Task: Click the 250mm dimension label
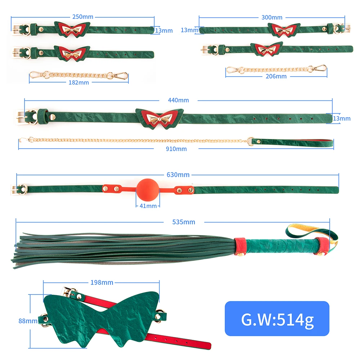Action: pos(83,17)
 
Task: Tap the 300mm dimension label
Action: pos(272,17)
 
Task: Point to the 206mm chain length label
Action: pos(276,76)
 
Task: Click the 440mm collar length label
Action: pos(178,100)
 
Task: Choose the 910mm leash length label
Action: pos(176,148)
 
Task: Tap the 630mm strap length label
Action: pos(178,175)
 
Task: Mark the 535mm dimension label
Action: pos(184,222)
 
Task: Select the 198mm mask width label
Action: pos(102,282)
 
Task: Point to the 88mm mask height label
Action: pos(28,320)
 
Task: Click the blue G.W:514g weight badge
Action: pos(277,319)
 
